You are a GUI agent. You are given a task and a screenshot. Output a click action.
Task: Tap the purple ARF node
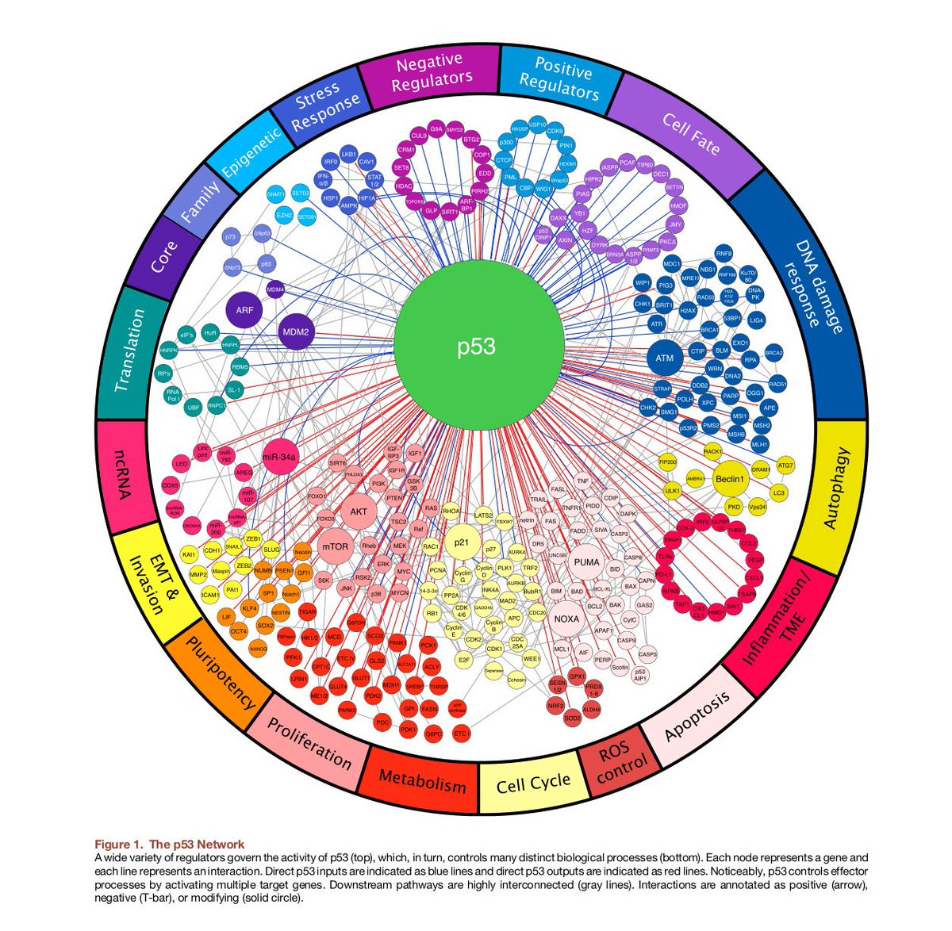(245, 310)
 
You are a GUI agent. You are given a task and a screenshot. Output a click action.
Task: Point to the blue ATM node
(664, 358)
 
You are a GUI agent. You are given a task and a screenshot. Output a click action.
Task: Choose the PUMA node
(586, 562)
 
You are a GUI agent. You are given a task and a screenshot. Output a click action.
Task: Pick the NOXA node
(566, 619)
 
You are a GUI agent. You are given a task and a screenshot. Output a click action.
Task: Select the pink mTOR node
(336, 546)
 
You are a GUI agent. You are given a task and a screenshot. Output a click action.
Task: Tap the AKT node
(358, 511)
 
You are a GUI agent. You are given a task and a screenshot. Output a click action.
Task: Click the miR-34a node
(278, 458)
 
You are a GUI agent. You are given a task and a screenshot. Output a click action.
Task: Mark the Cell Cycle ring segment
(532, 783)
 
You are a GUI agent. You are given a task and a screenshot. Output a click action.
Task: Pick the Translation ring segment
(131, 350)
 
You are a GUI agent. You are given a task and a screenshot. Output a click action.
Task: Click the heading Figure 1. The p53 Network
(170, 844)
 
